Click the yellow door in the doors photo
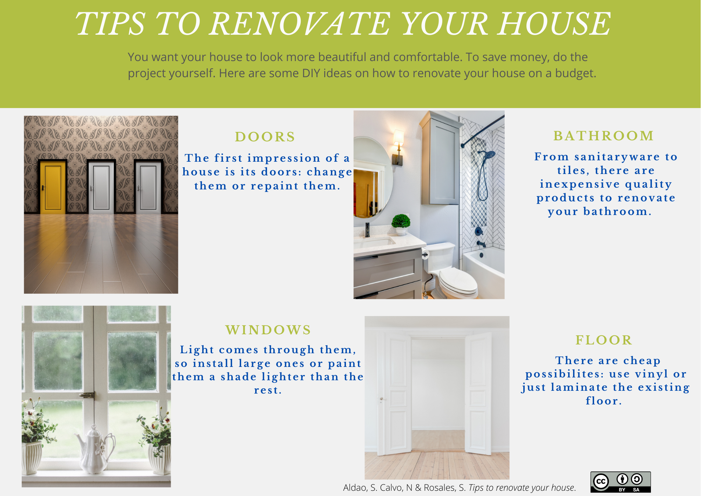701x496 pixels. [53, 187]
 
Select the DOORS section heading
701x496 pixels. [265, 137]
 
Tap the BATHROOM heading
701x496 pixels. [604, 136]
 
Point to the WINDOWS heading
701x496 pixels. [268, 330]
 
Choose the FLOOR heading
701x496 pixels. [604, 340]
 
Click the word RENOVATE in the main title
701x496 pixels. [301, 24]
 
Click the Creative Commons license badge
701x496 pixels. [620, 482]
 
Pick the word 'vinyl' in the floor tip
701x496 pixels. [652, 374]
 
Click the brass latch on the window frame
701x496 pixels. [88, 395]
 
